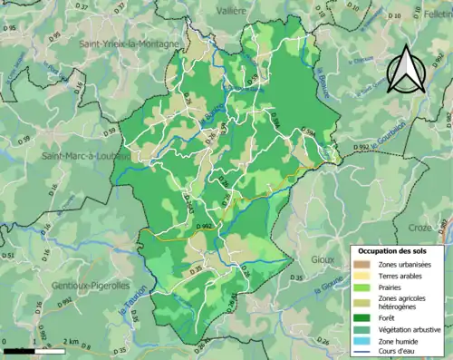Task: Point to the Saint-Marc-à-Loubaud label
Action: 80,155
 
